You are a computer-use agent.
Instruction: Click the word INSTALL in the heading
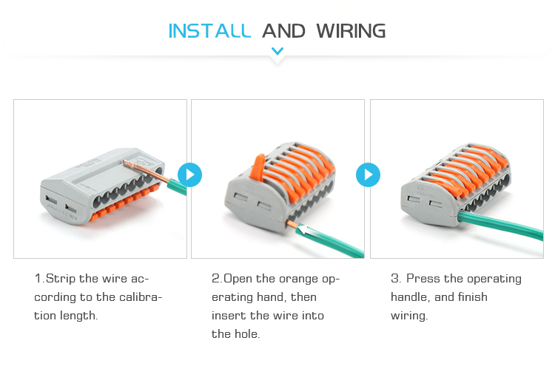[x=209, y=31]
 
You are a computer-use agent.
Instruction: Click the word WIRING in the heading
[x=351, y=31]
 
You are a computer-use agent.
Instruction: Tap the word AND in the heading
[x=283, y=31]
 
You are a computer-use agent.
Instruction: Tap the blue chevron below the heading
[x=277, y=51]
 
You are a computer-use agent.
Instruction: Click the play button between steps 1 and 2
[x=190, y=174]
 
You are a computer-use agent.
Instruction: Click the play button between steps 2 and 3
[x=368, y=174]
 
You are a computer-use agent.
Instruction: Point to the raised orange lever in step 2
[x=257, y=166]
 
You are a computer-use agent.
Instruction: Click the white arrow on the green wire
[x=304, y=229]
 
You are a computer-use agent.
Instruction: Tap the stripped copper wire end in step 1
[x=146, y=171]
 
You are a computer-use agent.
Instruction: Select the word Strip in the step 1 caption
[x=61, y=279]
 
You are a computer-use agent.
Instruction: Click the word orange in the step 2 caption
[x=297, y=279]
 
